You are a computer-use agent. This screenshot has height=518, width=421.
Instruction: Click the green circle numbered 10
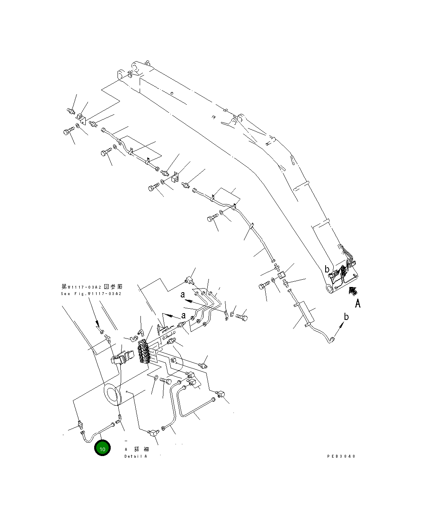(x=102, y=449)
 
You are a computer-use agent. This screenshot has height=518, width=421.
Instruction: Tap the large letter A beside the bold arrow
(x=357, y=303)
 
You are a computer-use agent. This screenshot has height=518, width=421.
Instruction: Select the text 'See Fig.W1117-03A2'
(x=91, y=294)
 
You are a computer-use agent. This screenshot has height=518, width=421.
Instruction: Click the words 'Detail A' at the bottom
(x=136, y=456)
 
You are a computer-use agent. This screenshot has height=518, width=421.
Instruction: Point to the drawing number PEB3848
(x=341, y=456)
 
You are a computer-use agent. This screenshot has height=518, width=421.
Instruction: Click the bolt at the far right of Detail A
(x=241, y=318)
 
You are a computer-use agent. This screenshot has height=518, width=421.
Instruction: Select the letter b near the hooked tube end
(x=346, y=317)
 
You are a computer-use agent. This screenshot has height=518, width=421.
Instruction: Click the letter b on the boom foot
(x=327, y=269)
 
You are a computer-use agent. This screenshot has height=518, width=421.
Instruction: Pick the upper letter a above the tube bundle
(x=183, y=295)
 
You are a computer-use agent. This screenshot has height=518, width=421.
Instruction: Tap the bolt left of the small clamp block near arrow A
(x=263, y=287)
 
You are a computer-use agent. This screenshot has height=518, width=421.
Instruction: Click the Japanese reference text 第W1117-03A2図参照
(x=92, y=287)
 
